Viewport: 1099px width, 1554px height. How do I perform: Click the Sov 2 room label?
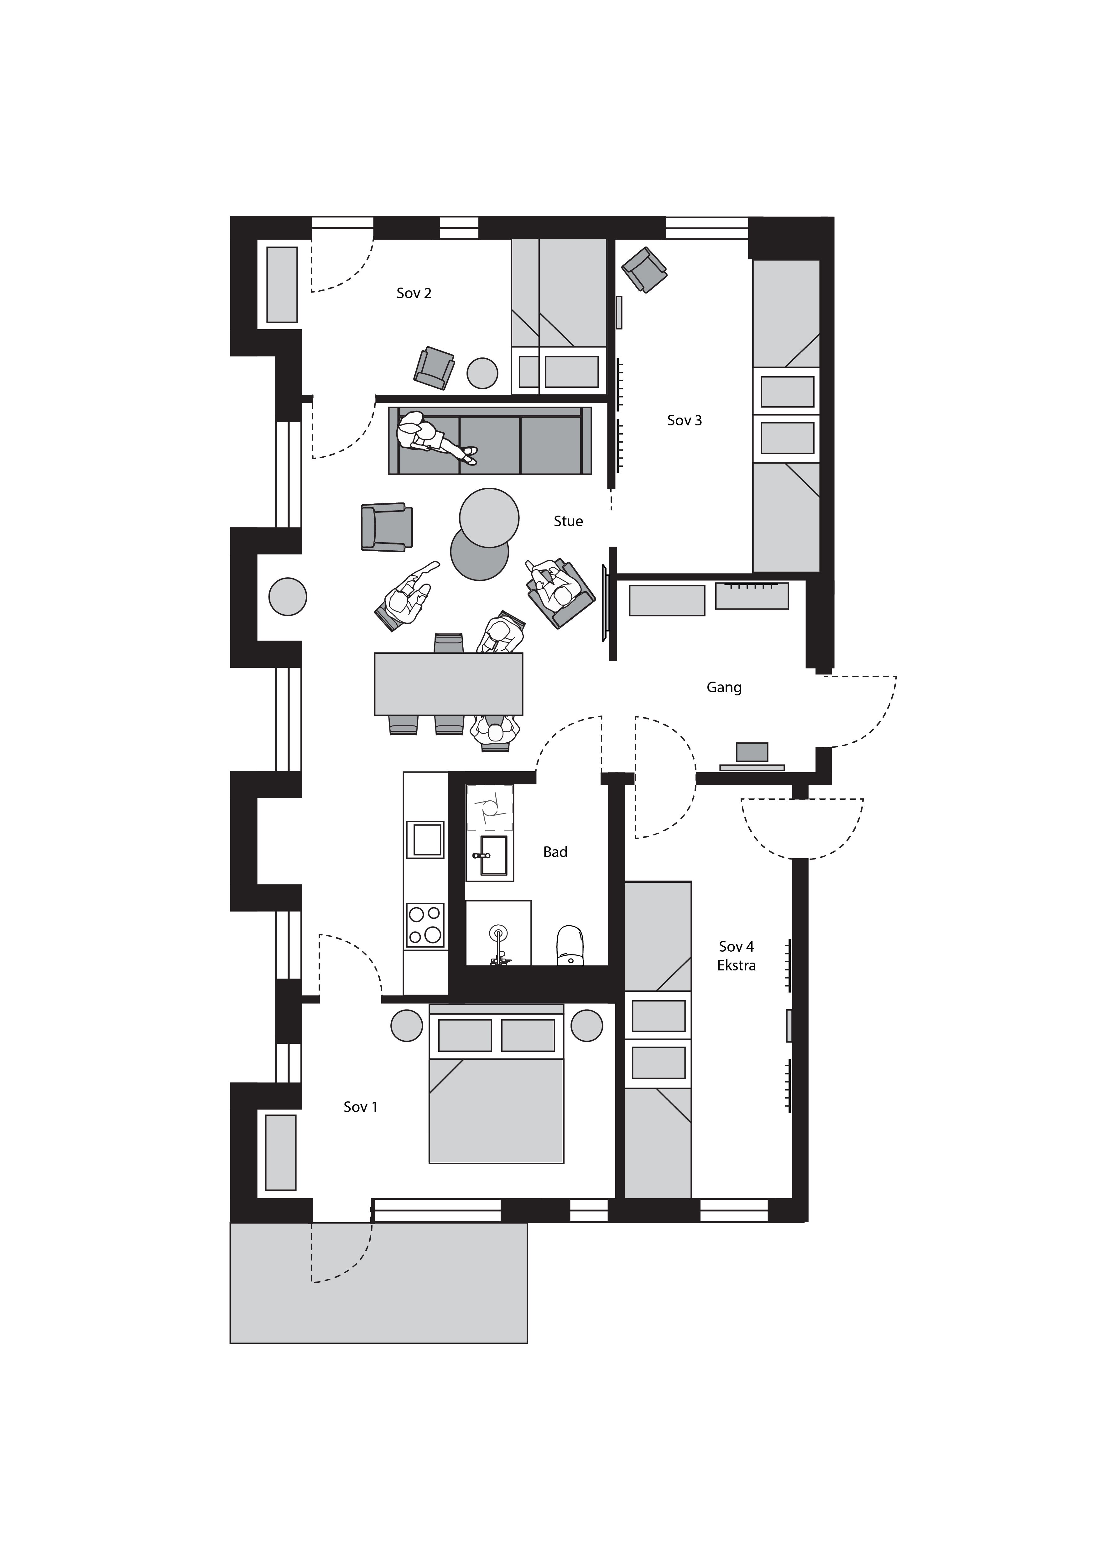pyautogui.click(x=414, y=293)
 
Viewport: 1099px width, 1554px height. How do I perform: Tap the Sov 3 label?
pyautogui.click(x=684, y=420)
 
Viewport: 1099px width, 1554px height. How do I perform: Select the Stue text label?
pyautogui.click(x=568, y=521)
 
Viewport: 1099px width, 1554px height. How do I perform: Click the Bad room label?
pyautogui.click(x=555, y=852)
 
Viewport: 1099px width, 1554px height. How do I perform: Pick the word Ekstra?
pyautogui.click(x=736, y=966)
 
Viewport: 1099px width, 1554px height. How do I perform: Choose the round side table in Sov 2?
pyautogui.click(x=482, y=373)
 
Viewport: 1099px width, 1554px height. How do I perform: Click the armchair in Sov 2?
pyautogui.click(x=434, y=368)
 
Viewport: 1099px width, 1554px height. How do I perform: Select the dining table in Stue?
pyautogui.click(x=449, y=683)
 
